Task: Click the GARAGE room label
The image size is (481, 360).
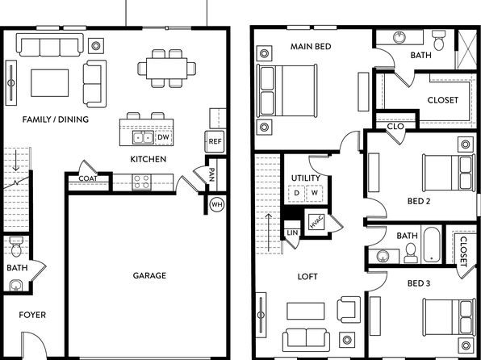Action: coord(149,275)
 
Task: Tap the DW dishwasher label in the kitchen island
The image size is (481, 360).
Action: coord(164,137)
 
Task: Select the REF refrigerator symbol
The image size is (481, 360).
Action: coord(215,141)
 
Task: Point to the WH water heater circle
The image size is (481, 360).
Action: coord(217,204)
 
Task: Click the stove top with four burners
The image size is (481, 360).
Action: coord(141,182)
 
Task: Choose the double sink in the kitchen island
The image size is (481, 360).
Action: coord(143,137)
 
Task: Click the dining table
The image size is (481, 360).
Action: coord(166,69)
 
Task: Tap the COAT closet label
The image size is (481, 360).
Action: coord(88,178)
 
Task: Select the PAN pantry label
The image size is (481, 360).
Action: coord(211,175)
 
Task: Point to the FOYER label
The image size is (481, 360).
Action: coord(32,315)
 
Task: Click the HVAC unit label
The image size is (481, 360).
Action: coord(316,222)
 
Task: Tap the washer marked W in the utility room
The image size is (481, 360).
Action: coord(315,193)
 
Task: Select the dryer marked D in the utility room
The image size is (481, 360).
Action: coord(296,193)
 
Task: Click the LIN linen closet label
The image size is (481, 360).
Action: coord(292,233)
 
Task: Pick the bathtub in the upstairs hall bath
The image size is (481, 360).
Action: coord(432,245)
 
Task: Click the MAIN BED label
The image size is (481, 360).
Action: coord(311,47)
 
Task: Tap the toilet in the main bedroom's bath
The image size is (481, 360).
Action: coord(439,40)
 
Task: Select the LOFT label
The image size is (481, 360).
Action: coord(307,277)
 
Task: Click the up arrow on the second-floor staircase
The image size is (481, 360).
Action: coord(269,232)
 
